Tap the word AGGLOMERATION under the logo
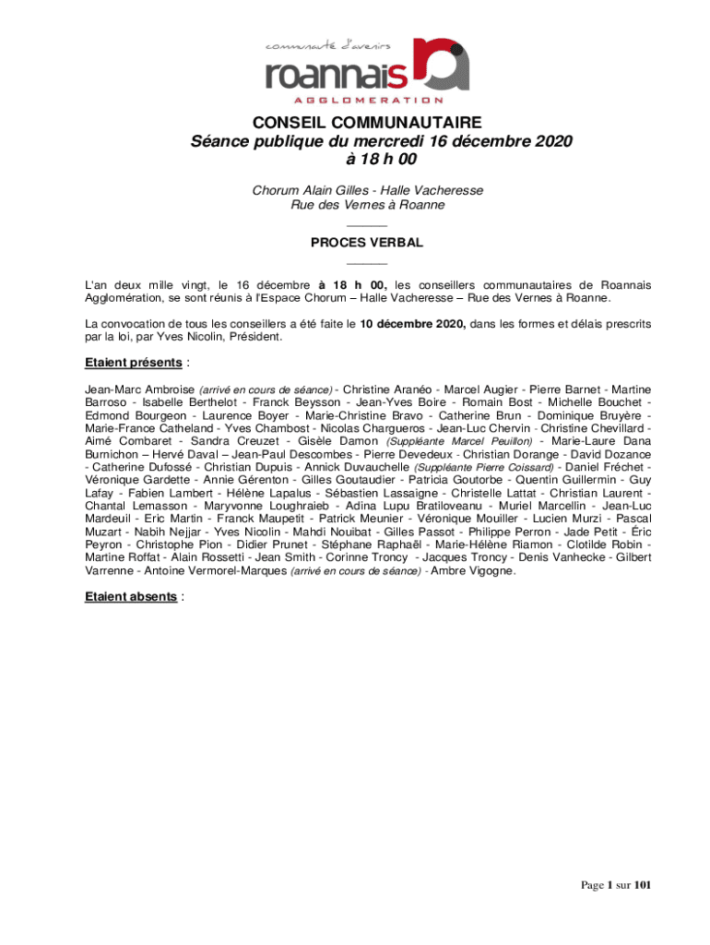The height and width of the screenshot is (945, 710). [x=368, y=100]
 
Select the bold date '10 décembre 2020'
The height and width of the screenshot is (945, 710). [x=413, y=324]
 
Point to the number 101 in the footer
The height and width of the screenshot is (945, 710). [x=643, y=885]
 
